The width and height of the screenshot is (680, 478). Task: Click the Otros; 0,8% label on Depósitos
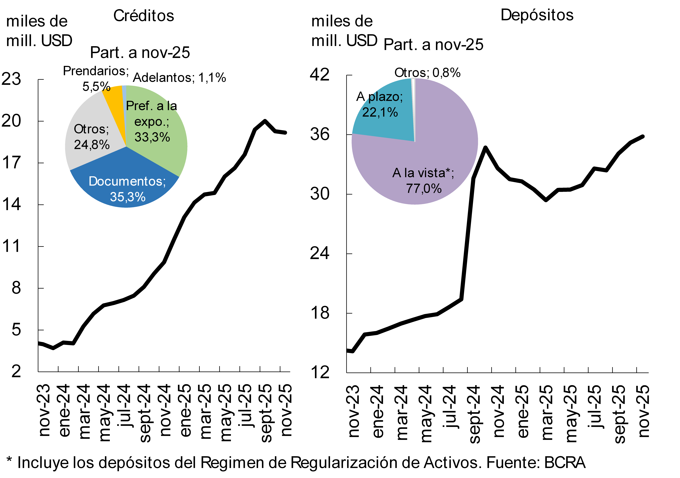point(427,73)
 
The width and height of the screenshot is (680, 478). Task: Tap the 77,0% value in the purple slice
point(424,189)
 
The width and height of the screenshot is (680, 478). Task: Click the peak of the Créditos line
point(265,121)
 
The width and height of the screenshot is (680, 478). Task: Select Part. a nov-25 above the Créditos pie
point(140,53)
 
